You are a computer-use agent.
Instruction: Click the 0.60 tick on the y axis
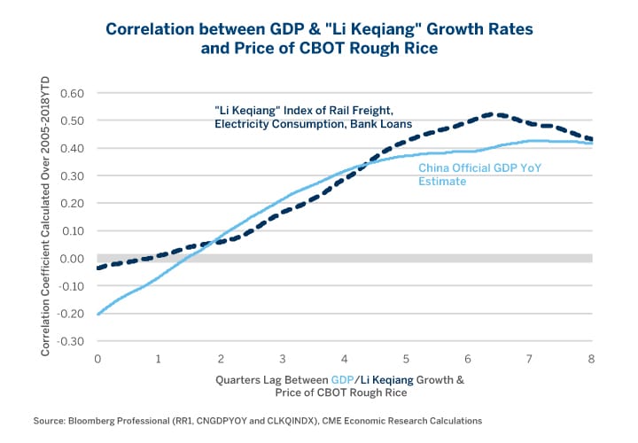pos(72,93)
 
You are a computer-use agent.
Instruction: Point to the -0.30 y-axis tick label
pos(70,341)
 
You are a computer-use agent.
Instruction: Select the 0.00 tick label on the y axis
pos(72,259)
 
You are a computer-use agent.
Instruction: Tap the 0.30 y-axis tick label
pos(72,176)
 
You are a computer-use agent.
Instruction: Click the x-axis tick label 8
pos(591,359)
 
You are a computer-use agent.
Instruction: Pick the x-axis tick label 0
pos(97,359)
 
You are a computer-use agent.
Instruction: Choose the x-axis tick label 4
pos(344,359)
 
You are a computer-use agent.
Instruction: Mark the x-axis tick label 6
pos(468,359)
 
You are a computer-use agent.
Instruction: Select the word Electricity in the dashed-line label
pos(245,125)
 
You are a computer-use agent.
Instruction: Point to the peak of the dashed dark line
pos(498,114)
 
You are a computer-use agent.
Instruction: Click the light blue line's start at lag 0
pos(97,314)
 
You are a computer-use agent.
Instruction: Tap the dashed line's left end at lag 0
pos(97,268)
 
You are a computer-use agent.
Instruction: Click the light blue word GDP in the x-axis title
pos(342,380)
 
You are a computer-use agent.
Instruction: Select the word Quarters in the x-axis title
pos(237,380)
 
